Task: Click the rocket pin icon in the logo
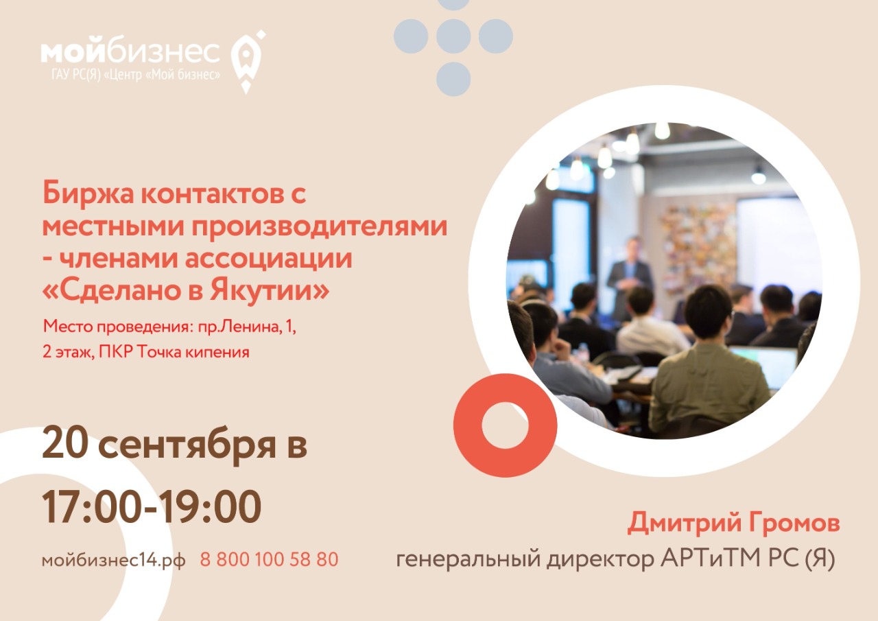(247, 61)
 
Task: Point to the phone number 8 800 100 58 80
(270, 559)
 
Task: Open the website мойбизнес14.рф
(114, 560)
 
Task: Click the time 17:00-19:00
(152, 506)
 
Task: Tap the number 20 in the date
(64, 445)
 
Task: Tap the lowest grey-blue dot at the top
(453, 79)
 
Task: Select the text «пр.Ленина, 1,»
(247, 327)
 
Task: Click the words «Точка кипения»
(193, 352)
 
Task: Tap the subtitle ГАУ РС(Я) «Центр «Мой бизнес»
(136, 74)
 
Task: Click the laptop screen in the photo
(764, 366)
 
